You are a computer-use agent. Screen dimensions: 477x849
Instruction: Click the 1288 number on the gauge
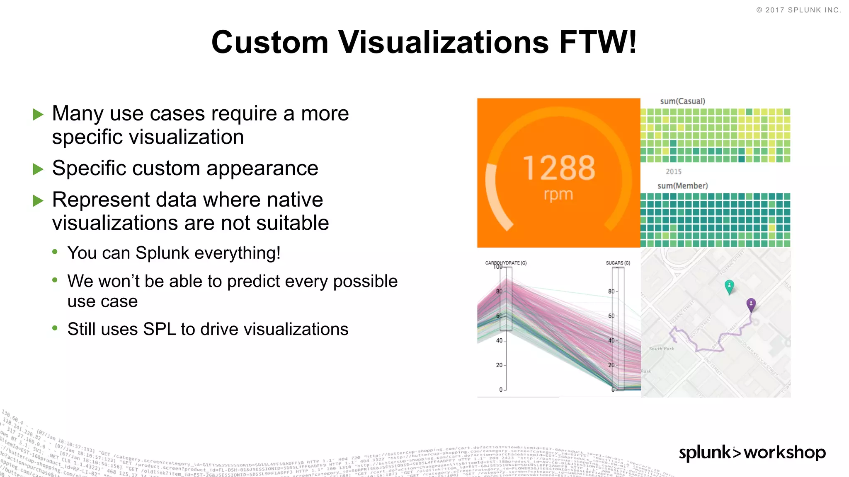point(558,168)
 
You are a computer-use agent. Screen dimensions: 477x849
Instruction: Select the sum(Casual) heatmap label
point(682,101)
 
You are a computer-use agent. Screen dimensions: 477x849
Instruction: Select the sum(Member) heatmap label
point(682,185)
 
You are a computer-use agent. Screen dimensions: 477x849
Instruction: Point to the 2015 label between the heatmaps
point(673,171)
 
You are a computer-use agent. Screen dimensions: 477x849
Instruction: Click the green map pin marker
point(729,286)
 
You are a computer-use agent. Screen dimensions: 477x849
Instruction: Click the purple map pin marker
point(751,304)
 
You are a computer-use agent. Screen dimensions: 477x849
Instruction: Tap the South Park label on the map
point(661,349)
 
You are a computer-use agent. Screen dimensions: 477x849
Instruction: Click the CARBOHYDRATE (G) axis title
point(506,263)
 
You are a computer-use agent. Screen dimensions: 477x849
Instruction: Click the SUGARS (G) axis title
point(618,263)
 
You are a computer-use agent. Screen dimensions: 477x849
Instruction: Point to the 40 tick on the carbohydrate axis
point(500,340)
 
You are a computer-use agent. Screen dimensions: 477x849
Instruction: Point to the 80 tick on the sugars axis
point(611,291)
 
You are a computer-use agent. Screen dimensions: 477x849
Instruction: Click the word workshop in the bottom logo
point(784,453)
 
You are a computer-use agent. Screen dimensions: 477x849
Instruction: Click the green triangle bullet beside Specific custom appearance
point(38,169)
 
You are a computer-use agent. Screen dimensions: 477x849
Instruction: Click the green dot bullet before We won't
point(55,280)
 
